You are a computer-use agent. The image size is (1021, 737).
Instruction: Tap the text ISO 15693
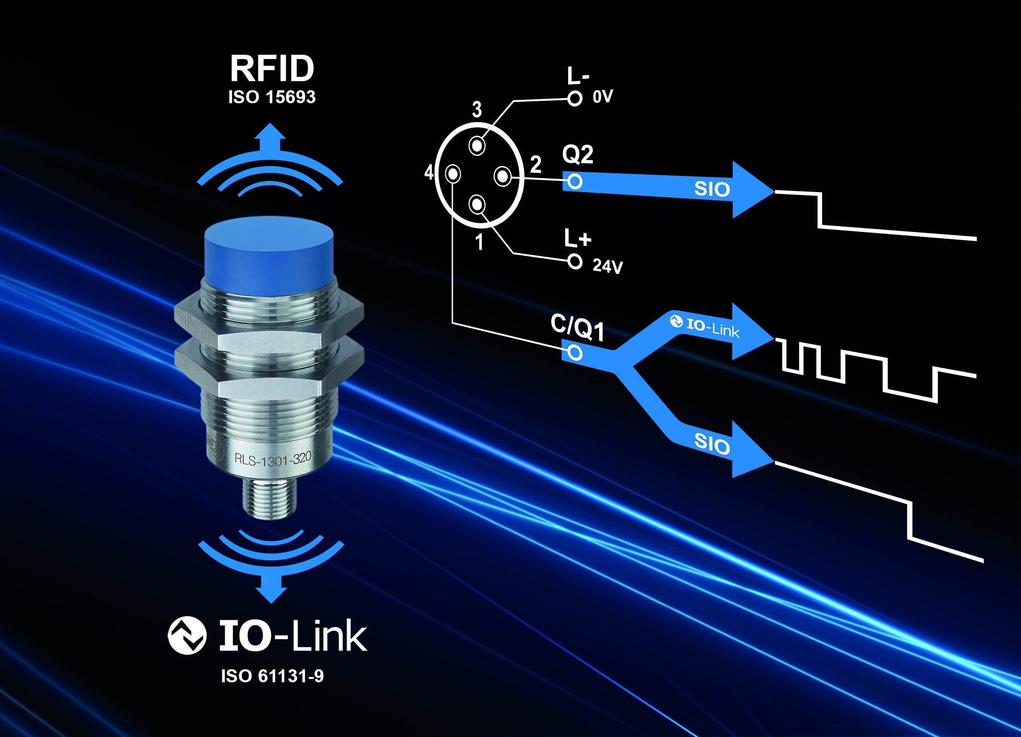coord(272,97)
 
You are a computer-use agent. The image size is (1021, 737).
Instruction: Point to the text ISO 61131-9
coord(272,676)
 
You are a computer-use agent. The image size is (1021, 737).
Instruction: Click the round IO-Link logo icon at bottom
coord(187,635)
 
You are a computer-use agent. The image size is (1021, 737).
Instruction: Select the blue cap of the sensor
coord(269,254)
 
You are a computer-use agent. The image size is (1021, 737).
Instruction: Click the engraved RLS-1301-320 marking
coord(273,459)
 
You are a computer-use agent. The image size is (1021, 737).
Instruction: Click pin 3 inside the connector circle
coord(477,145)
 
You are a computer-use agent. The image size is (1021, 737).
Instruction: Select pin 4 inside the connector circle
coord(453,174)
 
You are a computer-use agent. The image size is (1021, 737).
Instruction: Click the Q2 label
coord(578,155)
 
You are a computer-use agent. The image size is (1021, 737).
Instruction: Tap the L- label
coord(577,76)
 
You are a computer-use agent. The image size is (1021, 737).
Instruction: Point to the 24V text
coord(608,266)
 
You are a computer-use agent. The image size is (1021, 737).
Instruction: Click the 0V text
coord(603,97)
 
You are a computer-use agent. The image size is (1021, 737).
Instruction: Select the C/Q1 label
coord(577,327)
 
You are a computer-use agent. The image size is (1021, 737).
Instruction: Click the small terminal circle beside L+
coord(575,262)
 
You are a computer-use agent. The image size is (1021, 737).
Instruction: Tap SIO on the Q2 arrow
coord(712,189)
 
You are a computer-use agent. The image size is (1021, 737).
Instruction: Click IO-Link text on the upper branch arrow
coord(713,328)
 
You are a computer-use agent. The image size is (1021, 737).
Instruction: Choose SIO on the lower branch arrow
coord(712,443)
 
